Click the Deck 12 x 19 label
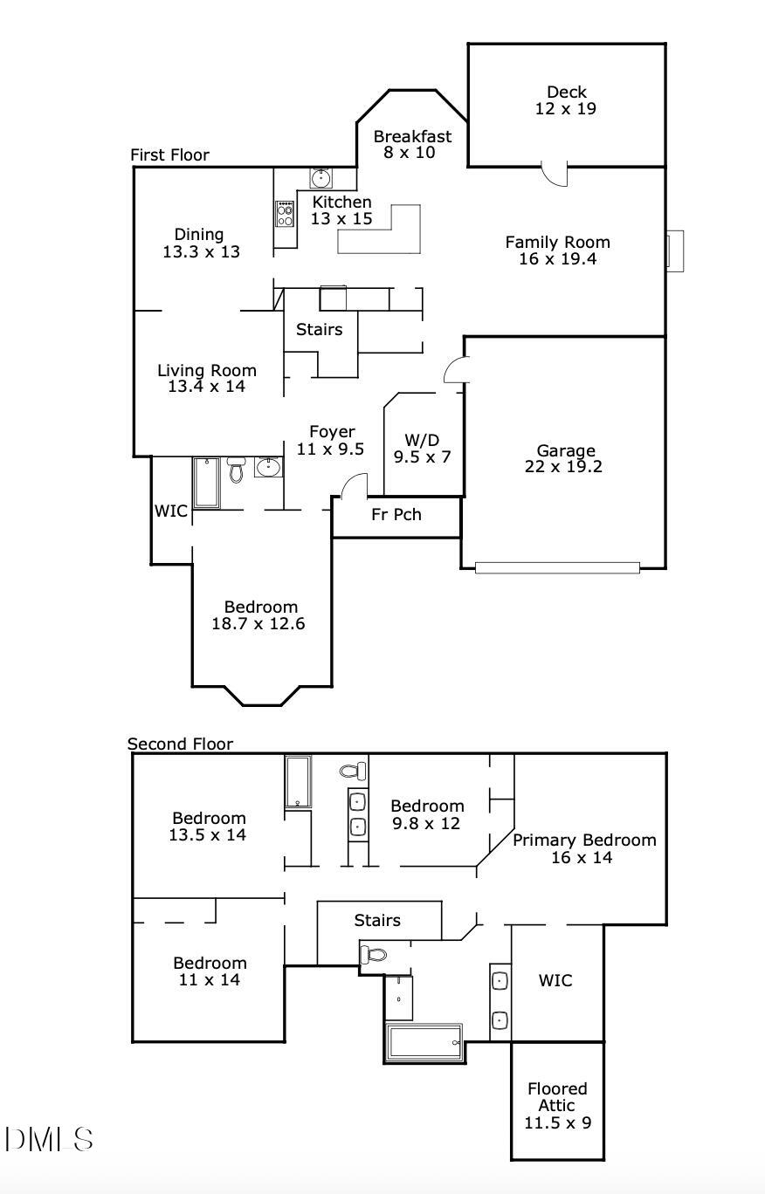tap(566, 100)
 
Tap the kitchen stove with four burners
tap(285, 213)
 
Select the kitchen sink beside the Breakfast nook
tap(320, 178)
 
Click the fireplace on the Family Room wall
tap(675, 250)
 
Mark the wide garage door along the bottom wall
tap(557, 567)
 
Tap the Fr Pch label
tap(396, 514)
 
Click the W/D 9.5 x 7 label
tap(422, 448)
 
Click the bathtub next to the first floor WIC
tap(207, 483)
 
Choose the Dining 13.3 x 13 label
tap(200, 243)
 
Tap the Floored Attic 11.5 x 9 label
tap(557, 1105)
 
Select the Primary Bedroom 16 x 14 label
tap(583, 848)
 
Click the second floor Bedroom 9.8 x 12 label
tap(426, 814)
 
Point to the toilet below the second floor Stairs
tap(373, 954)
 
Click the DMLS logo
tap(49, 1139)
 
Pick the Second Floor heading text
tap(180, 744)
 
